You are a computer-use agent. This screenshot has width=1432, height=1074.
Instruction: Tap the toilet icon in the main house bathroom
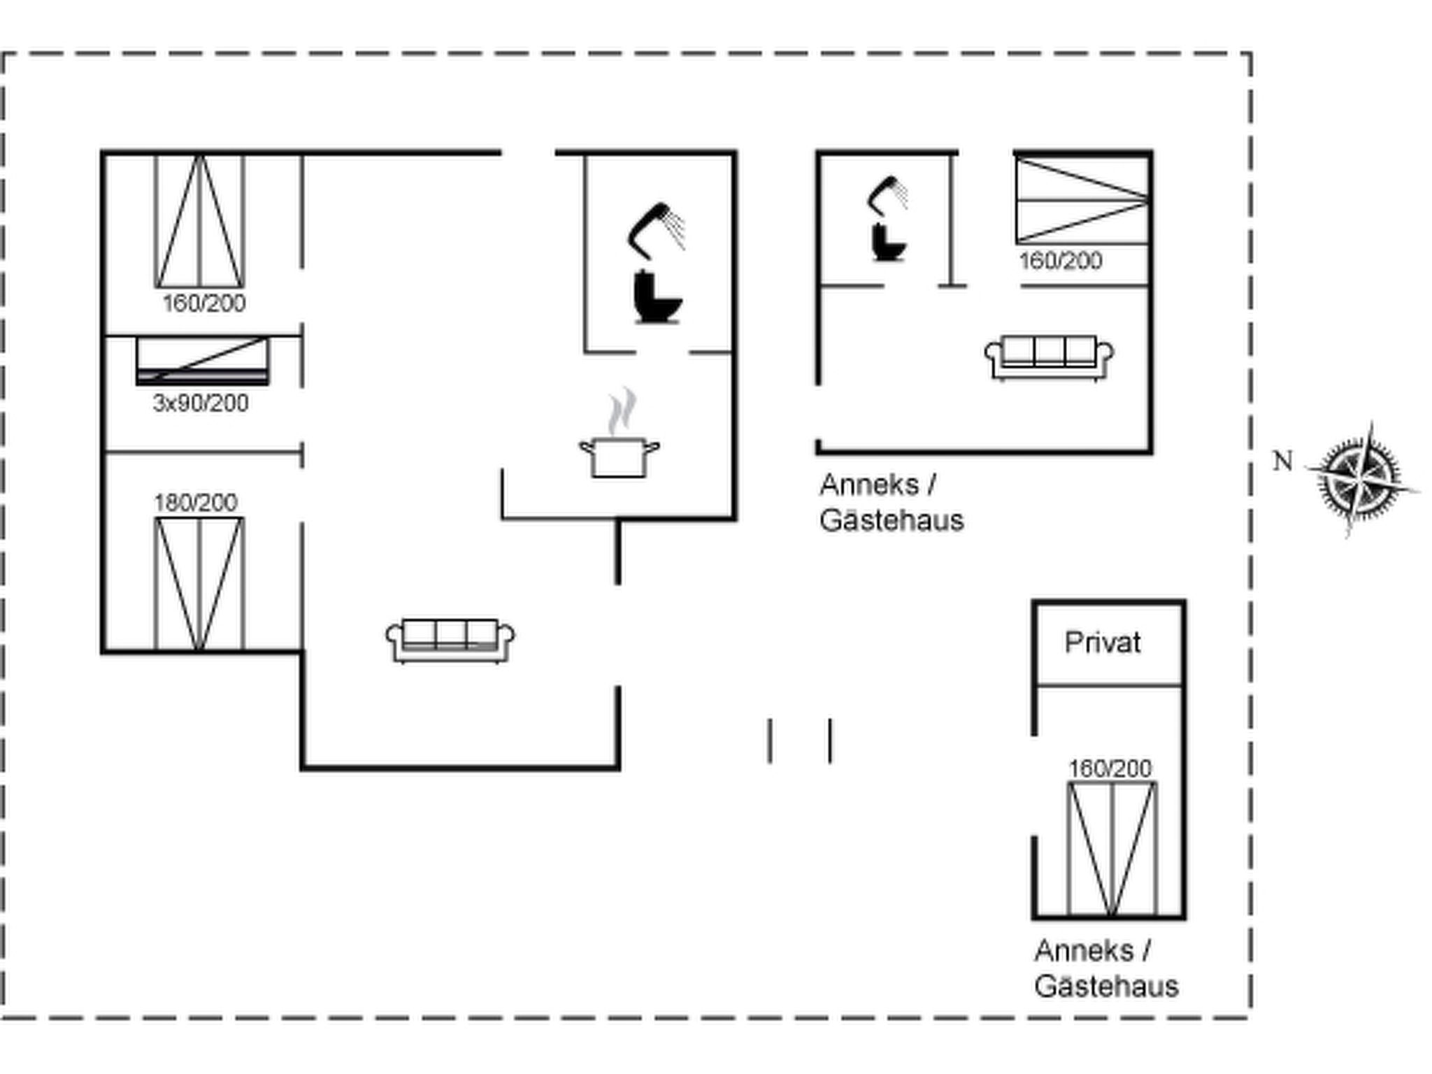(657, 297)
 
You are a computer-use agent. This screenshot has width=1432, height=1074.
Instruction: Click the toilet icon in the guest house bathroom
(889, 242)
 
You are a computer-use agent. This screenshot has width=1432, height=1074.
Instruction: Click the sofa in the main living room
(451, 640)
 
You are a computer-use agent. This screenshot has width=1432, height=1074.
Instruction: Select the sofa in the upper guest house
(1049, 358)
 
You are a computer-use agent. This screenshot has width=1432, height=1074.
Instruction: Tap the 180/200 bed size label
(196, 502)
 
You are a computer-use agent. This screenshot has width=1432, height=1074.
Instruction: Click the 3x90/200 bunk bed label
(201, 403)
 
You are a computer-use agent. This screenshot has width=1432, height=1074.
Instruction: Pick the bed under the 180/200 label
(199, 584)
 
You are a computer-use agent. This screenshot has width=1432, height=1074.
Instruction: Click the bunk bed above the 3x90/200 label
(203, 360)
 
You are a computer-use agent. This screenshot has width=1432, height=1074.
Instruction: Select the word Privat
(1103, 643)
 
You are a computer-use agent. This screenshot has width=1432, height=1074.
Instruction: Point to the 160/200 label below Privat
(1110, 768)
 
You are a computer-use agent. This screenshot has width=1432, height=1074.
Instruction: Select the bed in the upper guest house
(1082, 201)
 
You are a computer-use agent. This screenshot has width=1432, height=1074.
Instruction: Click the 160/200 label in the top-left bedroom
(204, 303)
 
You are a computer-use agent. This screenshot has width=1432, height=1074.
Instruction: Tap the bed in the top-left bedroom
(200, 221)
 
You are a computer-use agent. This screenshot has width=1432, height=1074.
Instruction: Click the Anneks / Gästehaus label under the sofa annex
(892, 502)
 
